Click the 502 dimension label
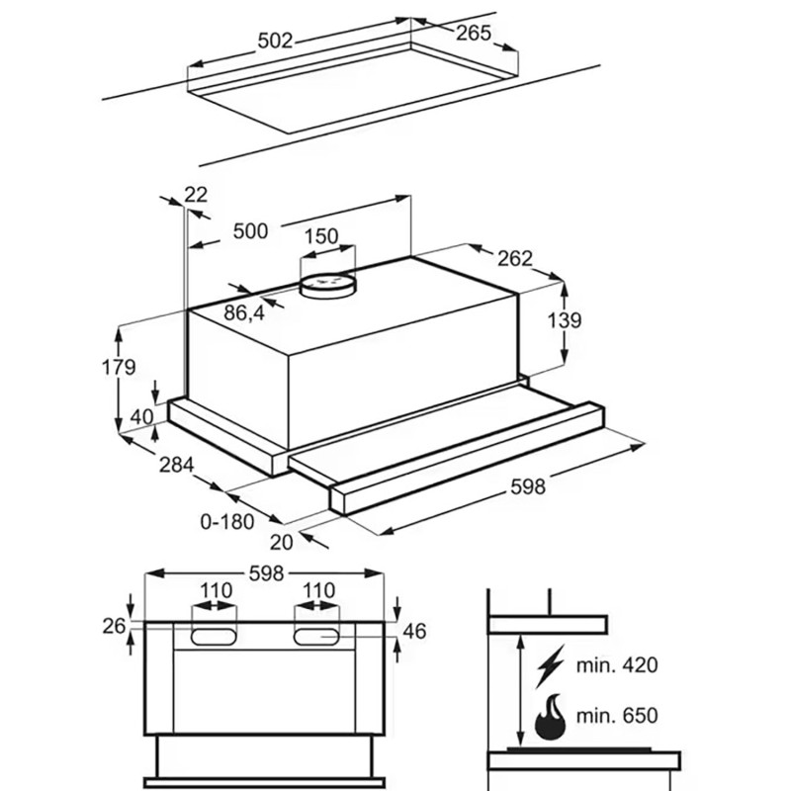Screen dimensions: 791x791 pos(275,41)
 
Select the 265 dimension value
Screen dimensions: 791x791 pos(474,33)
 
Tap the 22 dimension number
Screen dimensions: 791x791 pos(196,194)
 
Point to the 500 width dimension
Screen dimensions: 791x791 pos(250,231)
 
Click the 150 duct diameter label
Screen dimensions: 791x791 pos(321,236)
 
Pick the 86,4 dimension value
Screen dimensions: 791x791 pos(244,313)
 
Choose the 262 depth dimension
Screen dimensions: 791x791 pos(515,258)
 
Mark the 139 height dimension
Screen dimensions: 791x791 pos(565,319)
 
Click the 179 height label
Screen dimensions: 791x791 pos(119,367)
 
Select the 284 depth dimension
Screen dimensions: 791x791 pos(177,465)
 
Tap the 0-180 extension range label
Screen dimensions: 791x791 pos(227,522)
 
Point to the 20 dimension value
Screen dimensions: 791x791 pos(281,542)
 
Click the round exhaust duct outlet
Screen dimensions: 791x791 pos(328,286)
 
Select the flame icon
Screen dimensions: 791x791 pos(550,717)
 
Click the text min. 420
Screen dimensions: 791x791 pos(617,664)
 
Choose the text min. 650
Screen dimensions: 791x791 pos(617,715)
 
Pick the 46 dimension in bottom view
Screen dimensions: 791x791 pos(414,631)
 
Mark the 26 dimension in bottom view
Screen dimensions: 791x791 pos(114,626)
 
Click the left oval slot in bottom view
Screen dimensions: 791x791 pos(214,637)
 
